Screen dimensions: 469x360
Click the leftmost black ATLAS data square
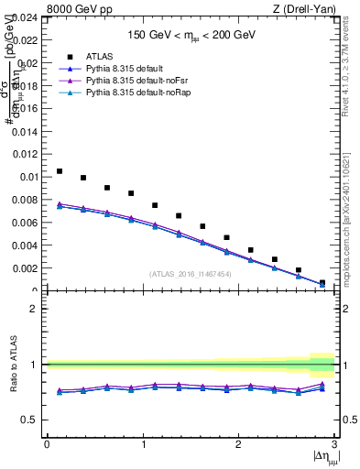tap(60, 171)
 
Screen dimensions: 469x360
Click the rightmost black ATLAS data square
tap(322, 283)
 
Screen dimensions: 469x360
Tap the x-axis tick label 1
tap(142, 443)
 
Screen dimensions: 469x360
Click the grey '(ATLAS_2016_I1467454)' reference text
tap(191, 274)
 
